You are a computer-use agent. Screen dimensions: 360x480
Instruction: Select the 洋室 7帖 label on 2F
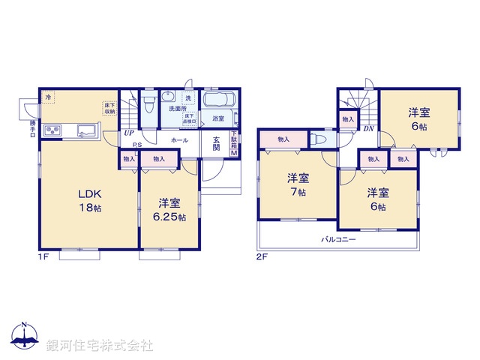click(x=298, y=185)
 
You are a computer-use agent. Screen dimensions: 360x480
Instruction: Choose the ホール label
click(x=179, y=140)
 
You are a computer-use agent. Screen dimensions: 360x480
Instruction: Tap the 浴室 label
click(x=218, y=118)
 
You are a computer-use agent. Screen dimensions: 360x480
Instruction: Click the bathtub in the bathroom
click(x=219, y=101)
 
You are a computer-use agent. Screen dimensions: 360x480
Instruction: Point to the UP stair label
click(x=130, y=133)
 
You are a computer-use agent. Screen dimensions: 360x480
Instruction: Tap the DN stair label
click(x=369, y=129)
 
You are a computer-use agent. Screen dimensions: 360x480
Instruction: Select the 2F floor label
click(x=262, y=257)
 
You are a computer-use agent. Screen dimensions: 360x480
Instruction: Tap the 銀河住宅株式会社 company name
click(x=99, y=346)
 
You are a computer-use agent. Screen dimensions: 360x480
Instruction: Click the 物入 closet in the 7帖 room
click(x=283, y=139)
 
